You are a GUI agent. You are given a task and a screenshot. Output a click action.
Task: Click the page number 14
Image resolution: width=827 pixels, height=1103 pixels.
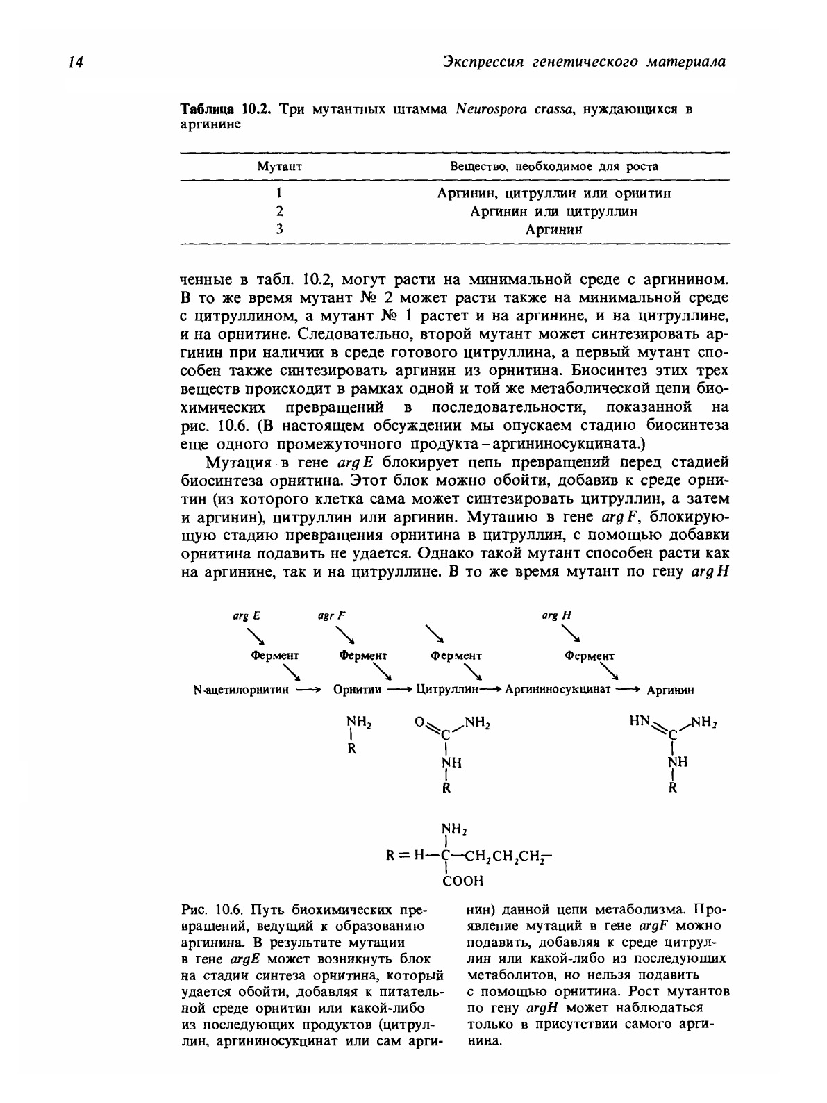click(x=74, y=63)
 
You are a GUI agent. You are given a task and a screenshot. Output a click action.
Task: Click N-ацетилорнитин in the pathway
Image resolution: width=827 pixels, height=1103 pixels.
click(x=239, y=690)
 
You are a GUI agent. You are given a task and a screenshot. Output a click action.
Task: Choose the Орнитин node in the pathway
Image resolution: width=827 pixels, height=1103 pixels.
click(x=357, y=690)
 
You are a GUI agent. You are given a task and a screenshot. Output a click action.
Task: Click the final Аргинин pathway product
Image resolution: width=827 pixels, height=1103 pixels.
click(x=670, y=690)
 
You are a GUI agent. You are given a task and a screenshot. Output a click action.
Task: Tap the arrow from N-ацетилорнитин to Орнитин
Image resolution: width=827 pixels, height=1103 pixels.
click(x=308, y=690)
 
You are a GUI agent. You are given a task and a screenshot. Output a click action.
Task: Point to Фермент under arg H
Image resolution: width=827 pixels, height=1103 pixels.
click(x=589, y=656)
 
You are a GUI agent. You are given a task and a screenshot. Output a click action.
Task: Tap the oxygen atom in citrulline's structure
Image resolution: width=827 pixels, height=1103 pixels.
click(x=419, y=722)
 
